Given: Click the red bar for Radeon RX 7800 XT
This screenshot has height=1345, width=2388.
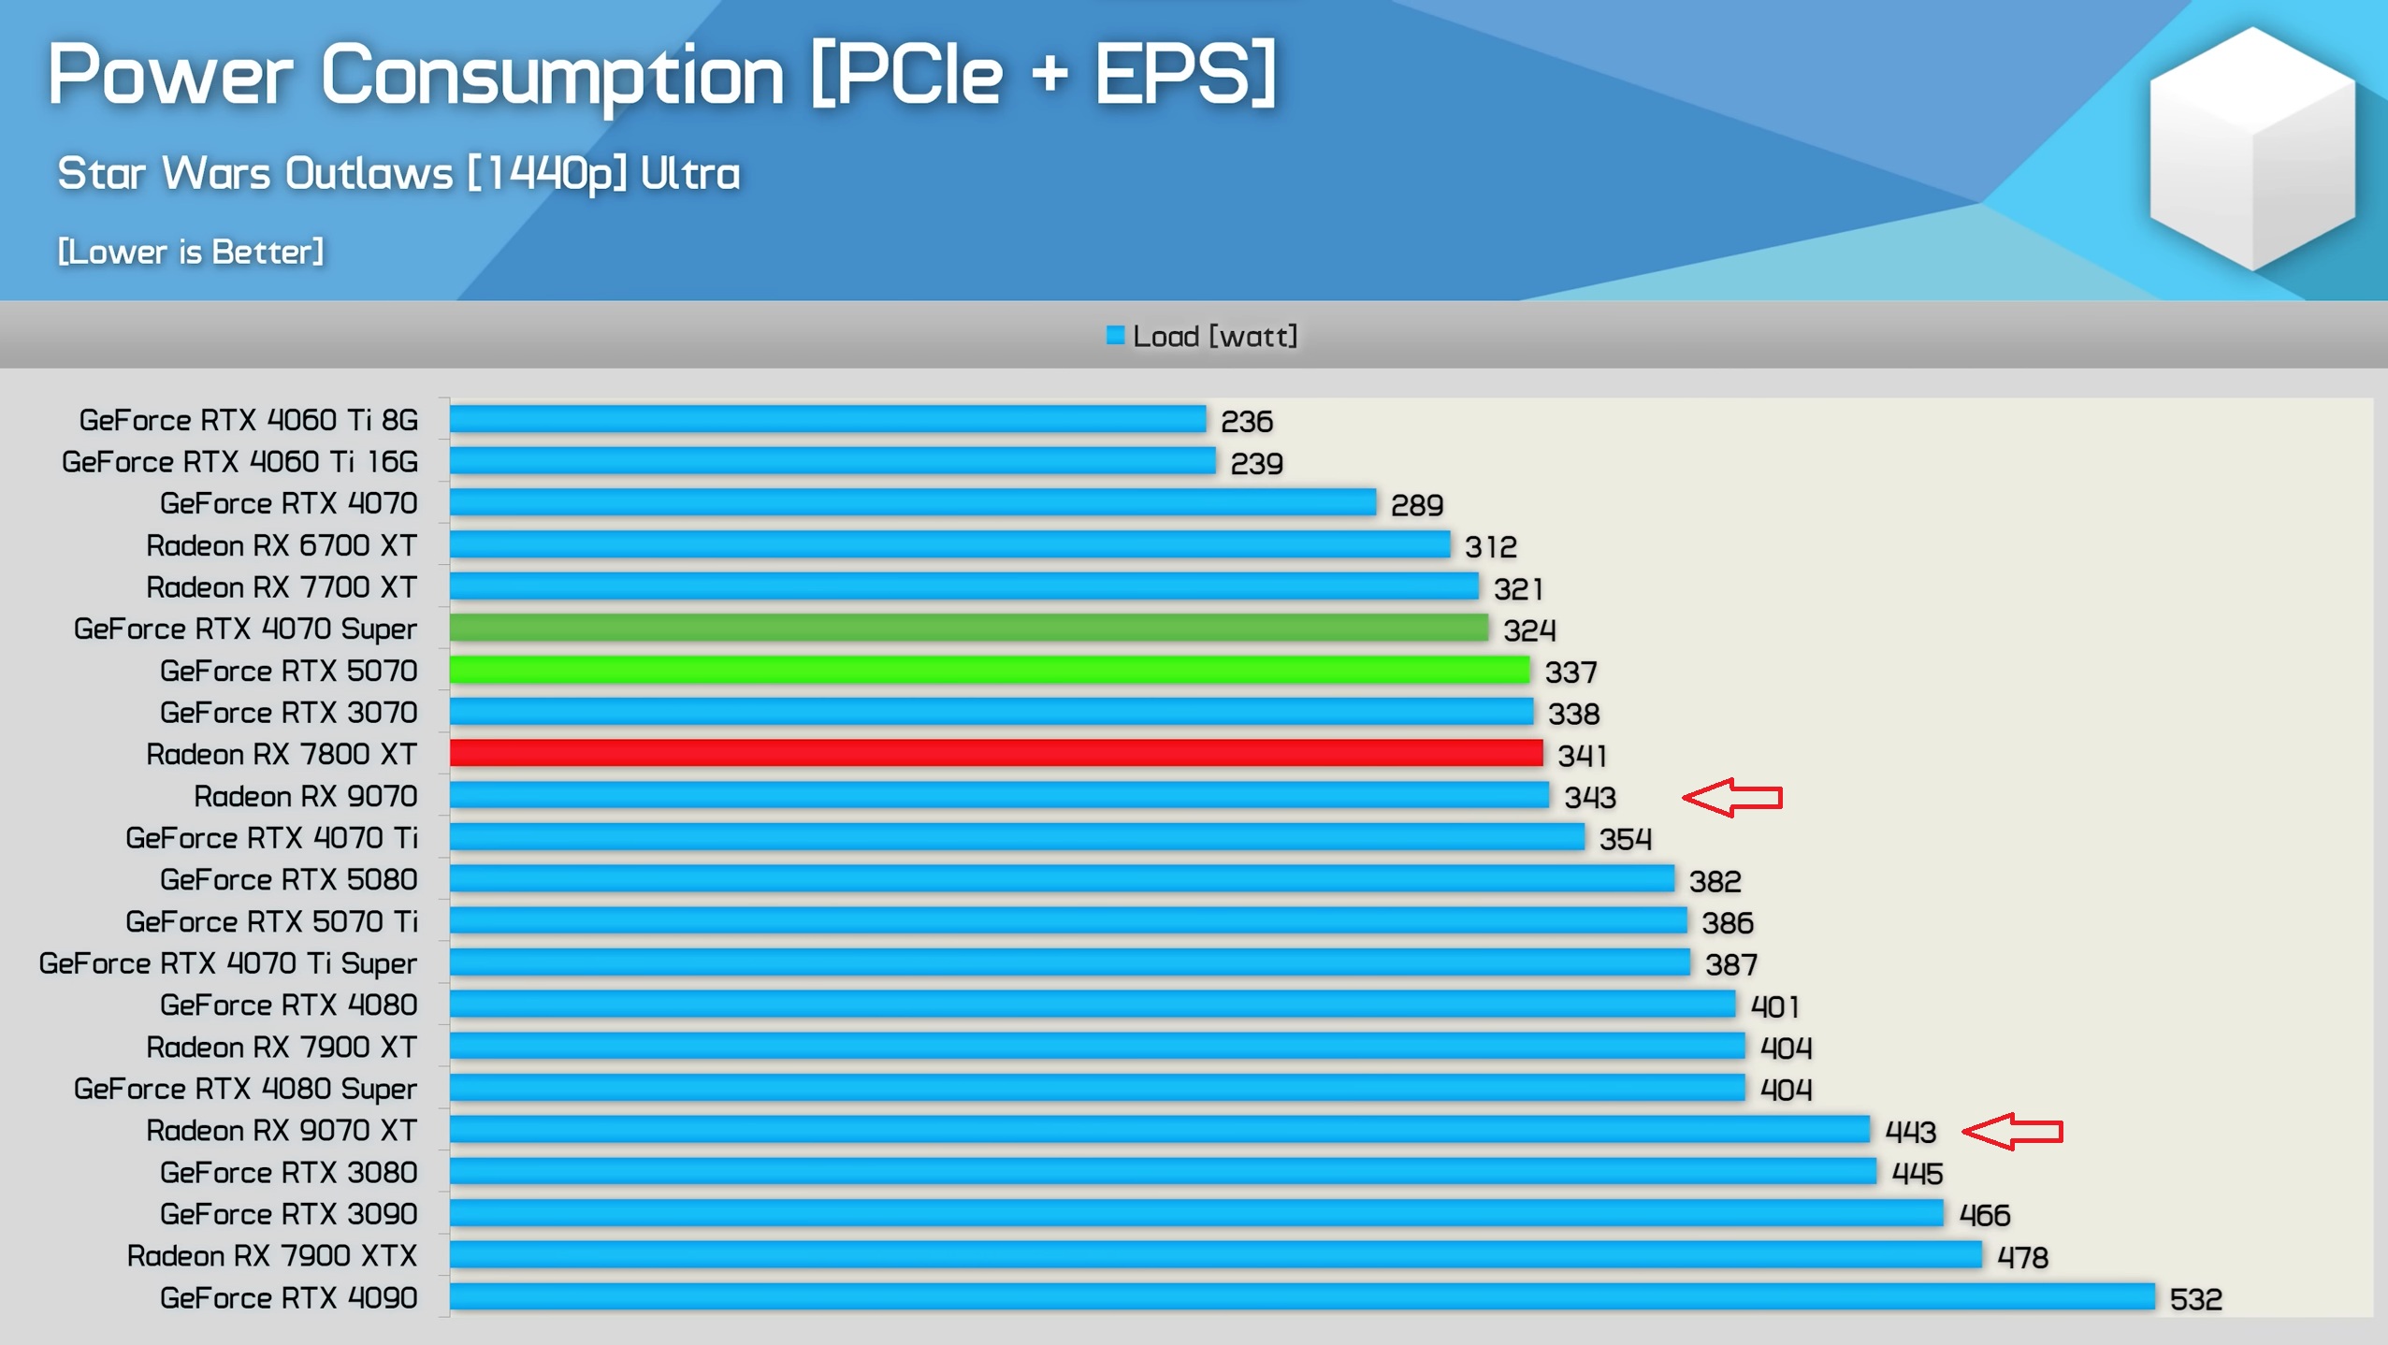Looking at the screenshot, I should [x=995, y=753].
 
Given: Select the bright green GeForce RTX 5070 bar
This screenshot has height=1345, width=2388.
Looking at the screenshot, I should [x=989, y=670].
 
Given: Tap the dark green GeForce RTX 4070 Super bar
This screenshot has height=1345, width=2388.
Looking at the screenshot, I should [x=968, y=628].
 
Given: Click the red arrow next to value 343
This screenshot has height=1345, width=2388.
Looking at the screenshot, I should [x=1731, y=797].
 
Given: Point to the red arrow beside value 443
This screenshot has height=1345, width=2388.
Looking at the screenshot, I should [x=2012, y=1131].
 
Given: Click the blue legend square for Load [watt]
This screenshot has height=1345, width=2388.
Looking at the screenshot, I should [x=1114, y=336].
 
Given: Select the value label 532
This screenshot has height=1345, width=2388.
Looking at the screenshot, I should [x=2195, y=1298].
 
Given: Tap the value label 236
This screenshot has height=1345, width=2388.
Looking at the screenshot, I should [x=1246, y=421].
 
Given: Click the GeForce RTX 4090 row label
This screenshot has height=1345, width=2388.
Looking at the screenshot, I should [x=288, y=1297].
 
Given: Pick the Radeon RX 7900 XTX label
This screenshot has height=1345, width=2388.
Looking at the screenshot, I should [x=271, y=1255].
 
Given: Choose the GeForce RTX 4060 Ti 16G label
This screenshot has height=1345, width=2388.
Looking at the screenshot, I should [x=239, y=461].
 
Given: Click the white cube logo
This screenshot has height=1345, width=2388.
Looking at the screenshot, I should [x=2251, y=150].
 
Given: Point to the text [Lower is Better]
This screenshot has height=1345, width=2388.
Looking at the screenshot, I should [x=191, y=252].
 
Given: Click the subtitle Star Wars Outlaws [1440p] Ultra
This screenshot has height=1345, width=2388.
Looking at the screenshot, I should [x=398, y=173].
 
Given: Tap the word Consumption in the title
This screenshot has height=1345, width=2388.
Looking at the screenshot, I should [x=552, y=75].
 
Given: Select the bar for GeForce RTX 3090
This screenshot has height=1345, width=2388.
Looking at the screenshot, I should [x=1195, y=1213].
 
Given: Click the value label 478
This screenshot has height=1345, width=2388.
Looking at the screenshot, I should [x=2022, y=1257].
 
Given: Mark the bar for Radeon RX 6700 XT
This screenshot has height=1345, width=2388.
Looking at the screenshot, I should [x=949, y=544].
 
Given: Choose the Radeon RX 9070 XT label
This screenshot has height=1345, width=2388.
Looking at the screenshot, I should [x=281, y=1130].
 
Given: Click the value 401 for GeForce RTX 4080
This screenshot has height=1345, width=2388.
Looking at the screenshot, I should [x=1774, y=1006].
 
